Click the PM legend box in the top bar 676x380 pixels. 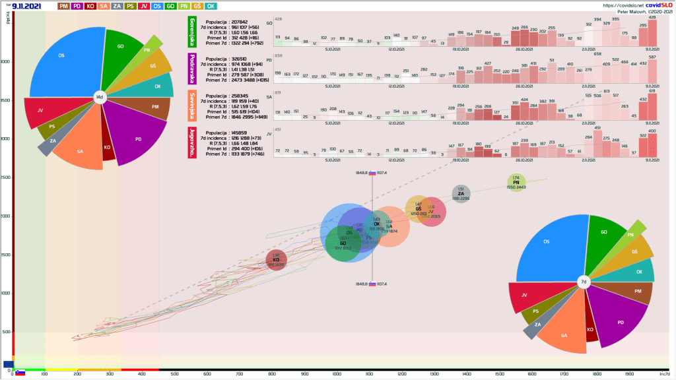64,6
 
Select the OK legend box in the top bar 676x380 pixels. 211,6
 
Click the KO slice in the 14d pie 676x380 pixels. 107,147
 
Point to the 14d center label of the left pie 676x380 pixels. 100,97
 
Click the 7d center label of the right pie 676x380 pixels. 584,282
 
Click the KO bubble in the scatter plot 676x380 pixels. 277,260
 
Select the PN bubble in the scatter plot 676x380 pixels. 516,183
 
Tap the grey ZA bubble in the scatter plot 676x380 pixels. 461,194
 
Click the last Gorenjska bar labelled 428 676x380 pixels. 652,32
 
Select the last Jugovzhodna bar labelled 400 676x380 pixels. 652,144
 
